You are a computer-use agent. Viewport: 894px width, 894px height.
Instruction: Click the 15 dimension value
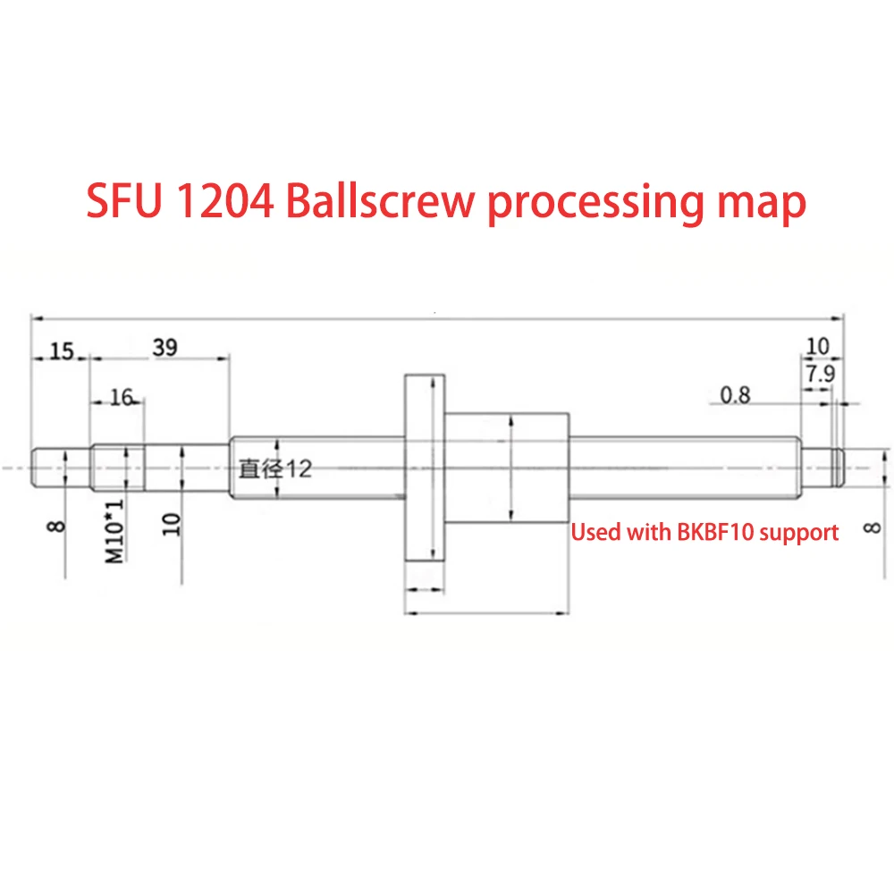[x=61, y=350]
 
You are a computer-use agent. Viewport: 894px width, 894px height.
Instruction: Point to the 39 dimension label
[x=164, y=348]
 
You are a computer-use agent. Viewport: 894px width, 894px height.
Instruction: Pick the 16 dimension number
[x=121, y=398]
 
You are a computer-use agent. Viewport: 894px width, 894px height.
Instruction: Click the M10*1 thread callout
[x=114, y=531]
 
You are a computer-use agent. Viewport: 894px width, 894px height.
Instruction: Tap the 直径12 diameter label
[x=274, y=468]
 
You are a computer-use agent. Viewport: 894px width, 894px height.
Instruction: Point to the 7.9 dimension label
[x=819, y=375]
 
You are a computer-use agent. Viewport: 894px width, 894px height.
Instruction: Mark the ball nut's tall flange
[x=424, y=468]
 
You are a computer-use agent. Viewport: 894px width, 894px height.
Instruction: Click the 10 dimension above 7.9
[x=818, y=345]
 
